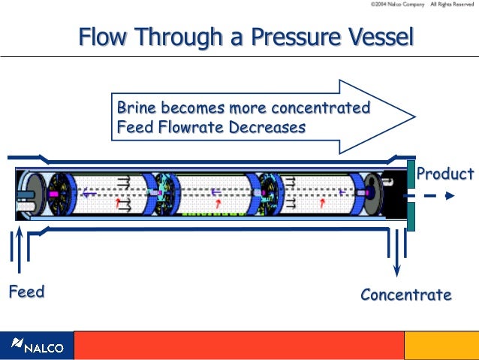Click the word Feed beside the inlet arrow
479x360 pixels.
(26, 292)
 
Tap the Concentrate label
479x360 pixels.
(406, 295)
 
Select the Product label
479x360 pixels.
(445, 174)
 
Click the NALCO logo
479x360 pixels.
(37, 346)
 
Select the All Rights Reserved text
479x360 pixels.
(453, 5)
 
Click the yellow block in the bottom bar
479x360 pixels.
(441, 346)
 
